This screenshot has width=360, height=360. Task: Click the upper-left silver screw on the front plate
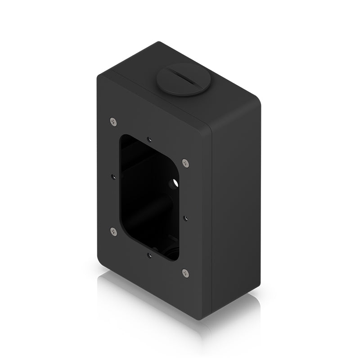click(113, 121)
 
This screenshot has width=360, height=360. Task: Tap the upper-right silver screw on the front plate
click(185, 163)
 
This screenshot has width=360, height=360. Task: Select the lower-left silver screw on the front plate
click(113, 231)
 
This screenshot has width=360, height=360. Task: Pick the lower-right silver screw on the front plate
click(185, 273)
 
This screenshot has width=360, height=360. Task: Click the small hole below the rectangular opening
click(149, 256)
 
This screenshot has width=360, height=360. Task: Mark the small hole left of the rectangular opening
click(112, 176)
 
